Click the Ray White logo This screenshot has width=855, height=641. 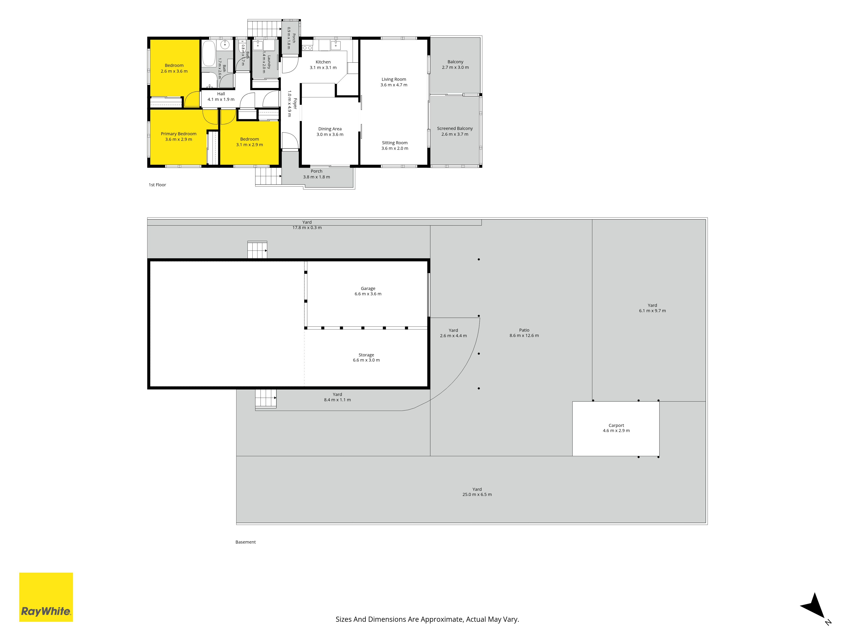coord(46,597)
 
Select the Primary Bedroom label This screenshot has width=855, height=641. coord(178,134)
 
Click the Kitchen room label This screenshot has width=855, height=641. coord(323,62)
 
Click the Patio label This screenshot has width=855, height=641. coord(524,330)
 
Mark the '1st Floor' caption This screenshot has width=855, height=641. coord(157,185)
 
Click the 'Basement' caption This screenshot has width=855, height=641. coord(245,542)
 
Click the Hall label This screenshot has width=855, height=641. coord(221,94)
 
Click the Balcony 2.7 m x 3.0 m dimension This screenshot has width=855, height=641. coord(455,68)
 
